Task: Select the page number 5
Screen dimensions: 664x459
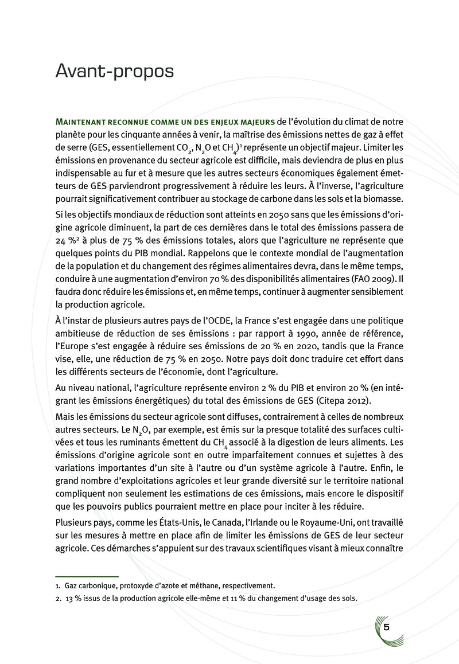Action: [387, 627]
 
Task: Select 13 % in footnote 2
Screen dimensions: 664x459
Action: [73, 598]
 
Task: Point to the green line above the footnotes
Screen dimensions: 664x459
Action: [87, 576]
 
